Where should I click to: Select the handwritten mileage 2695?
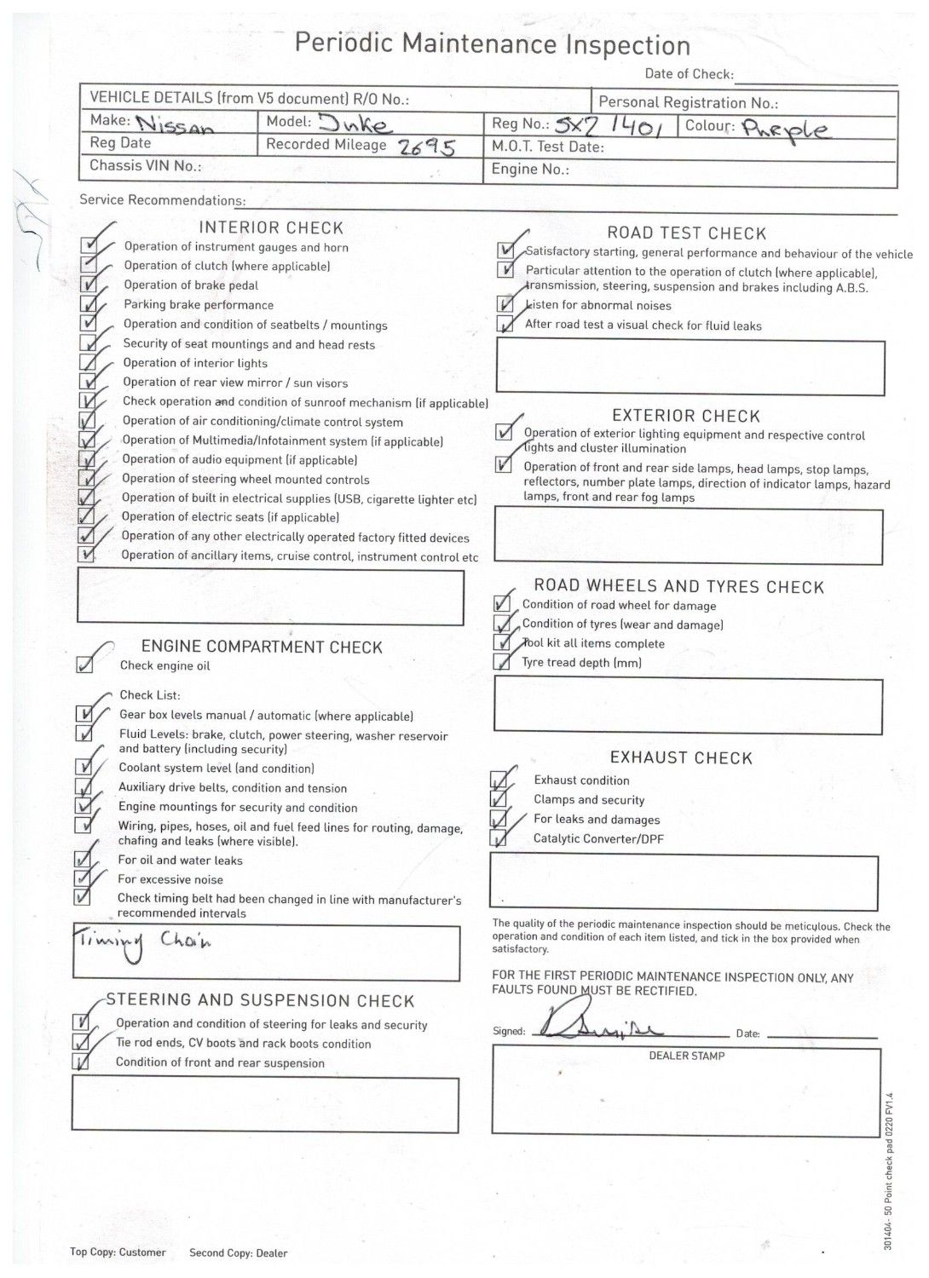pyautogui.click(x=425, y=147)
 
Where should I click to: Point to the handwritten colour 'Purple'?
pyautogui.click(x=786, y=130)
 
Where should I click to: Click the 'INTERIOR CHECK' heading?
pyautogui.click(x=271, y=228)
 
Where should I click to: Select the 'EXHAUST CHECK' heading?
pyautogui.click(x=681, y=758)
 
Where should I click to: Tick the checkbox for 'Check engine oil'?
pyautogui.click(x=84, y=665)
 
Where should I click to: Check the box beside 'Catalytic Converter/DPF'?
pyautogui.click(x=498, y=838)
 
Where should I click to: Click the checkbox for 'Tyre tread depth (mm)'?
pyautogui.click(x=502, y=662)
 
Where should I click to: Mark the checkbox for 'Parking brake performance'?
pyautogui.click(x=88, y=304)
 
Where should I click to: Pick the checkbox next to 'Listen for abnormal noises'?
pyautogui.click(x=506, y=304)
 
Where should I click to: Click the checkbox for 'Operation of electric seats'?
pyautogui.click(x=86, y=516)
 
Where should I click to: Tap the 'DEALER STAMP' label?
pyautogui.click(x=687, y=1056)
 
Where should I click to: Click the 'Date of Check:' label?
pyautogui.click(x=688, y=74)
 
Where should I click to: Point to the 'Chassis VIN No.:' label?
pyautogui.click(x=146, y=166)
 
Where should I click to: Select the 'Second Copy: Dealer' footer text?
pyautogui.click(x=239, y=1252)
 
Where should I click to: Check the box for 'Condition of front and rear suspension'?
pyautogui.click(x=81, y=1062)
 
